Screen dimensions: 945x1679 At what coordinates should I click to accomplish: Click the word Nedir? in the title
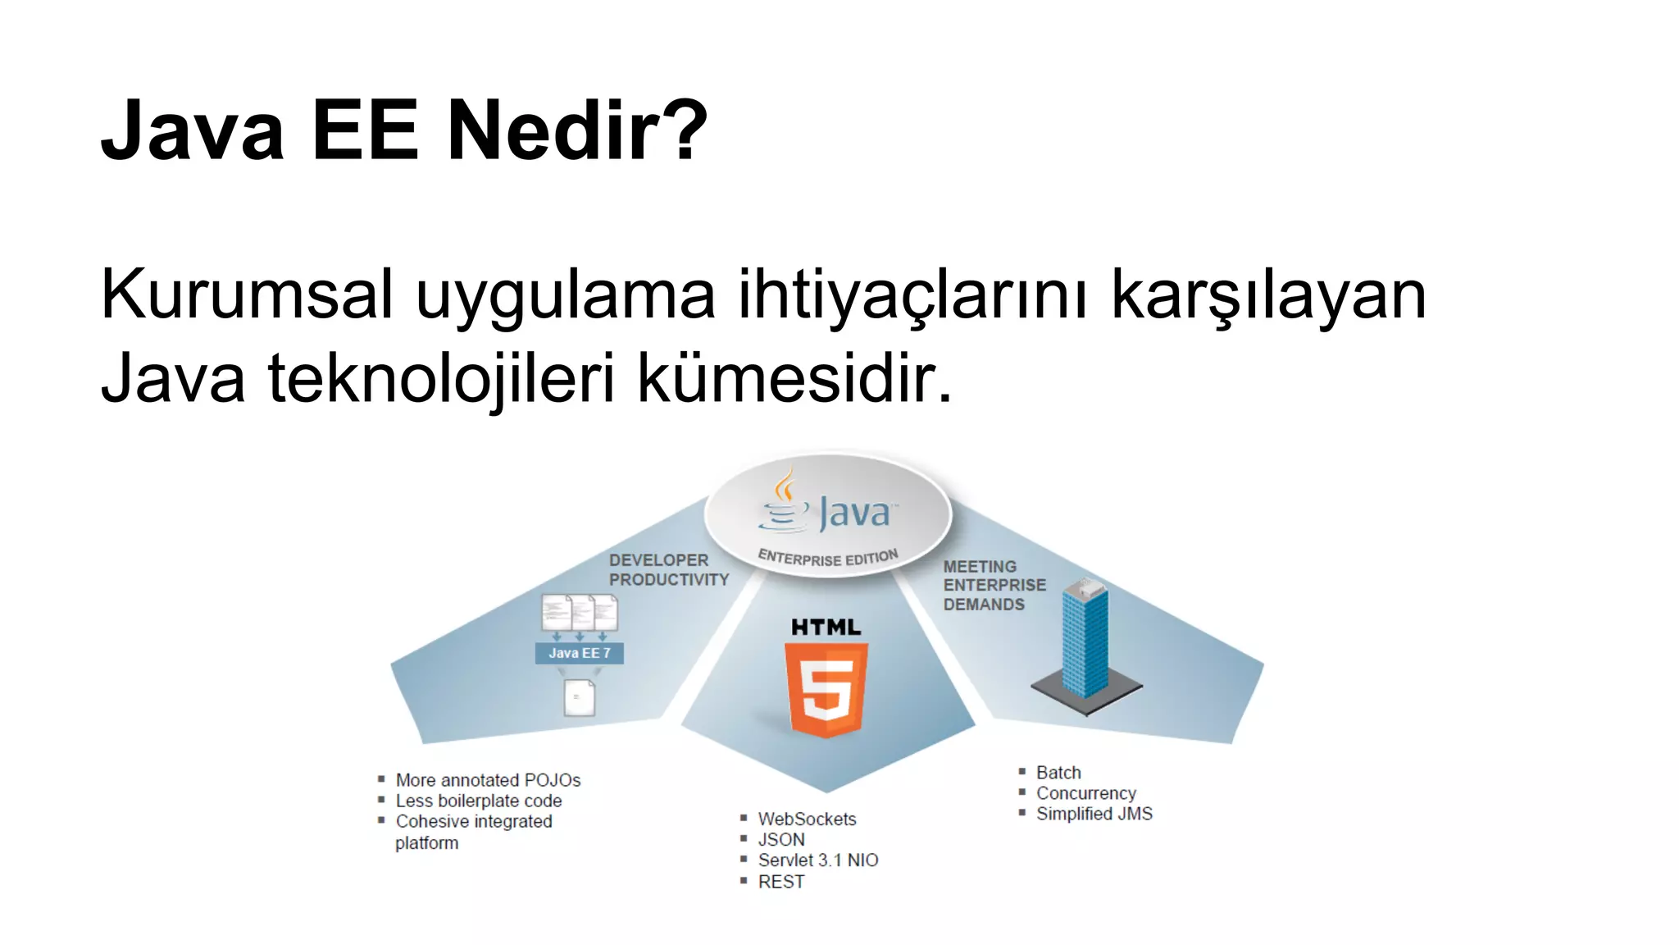coord(577,130)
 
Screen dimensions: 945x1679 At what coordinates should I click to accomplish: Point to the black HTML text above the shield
coord(826,628)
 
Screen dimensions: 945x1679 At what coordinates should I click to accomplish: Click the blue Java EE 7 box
coord(579,653)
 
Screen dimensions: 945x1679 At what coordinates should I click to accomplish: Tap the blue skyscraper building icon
coord(1085,640)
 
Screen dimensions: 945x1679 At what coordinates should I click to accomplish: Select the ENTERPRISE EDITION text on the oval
coord(828,558)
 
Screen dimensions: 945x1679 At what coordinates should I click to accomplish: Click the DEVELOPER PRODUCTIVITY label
coord(668,569)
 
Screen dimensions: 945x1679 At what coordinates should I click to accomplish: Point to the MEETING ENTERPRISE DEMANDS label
coord(994,586)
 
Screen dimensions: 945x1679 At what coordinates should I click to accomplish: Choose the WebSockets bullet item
coord(807,819)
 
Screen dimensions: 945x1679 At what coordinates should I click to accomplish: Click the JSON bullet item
coord(781,839)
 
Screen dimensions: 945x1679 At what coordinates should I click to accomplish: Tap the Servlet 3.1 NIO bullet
coord(817,860)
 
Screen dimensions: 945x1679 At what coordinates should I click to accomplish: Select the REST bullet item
coord(781,882)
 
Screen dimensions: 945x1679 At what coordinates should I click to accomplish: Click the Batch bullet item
coord(1058,773)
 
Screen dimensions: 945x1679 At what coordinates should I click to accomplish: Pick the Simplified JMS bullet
coord(1094,814)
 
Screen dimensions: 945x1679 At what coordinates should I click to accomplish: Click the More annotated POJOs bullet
coord(488,780)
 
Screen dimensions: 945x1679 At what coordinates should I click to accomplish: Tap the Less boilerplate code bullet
coord(479,801)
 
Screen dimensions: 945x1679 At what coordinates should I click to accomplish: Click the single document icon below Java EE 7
coord(580,697)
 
